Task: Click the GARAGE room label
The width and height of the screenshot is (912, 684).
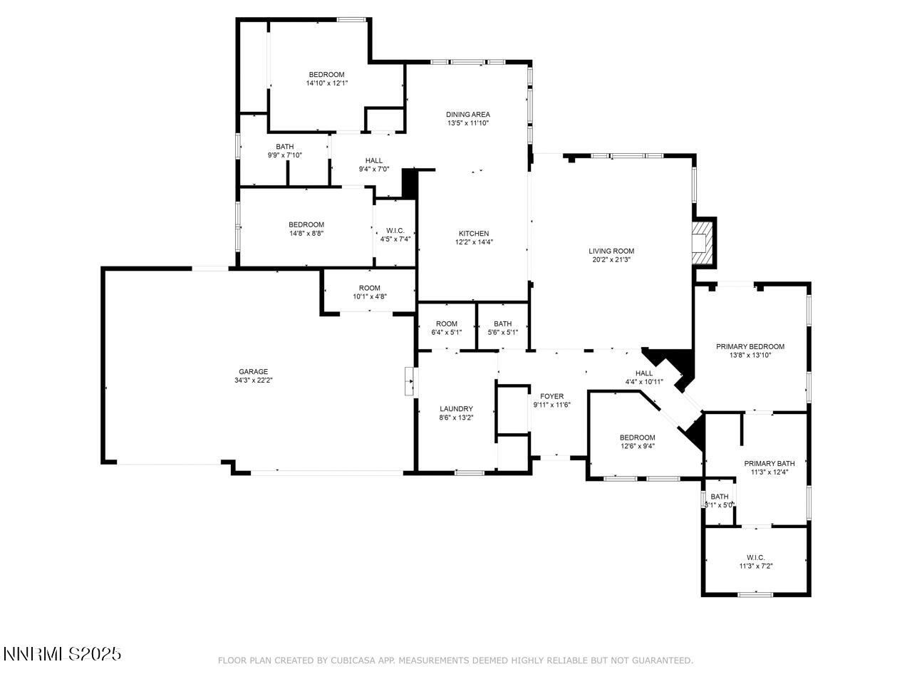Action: pyautogui.click(x=253, y=371)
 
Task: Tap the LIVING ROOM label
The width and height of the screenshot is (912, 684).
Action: pyautogui.click(x=611, y=251)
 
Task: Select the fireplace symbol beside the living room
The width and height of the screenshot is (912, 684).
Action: pyautogui.click(x=702, y=242)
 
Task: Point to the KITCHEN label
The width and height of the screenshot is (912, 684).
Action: pyautogui.click(x=474, y=234)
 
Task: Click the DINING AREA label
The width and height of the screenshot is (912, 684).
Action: pyautogui.click(x=468, y=114)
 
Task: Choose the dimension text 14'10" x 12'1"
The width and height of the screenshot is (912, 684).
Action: pyautogui.click(x=326, y=83)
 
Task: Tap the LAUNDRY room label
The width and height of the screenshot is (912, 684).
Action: pyautogui.click(x=456, y=409)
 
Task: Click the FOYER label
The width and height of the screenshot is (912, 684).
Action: pyautogui.click(x=551, y=396)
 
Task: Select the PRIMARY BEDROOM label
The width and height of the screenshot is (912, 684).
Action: pyautogui.click(x=750, y=346)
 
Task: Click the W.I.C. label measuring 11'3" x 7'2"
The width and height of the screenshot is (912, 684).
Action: pyautogui.click(x=755, y=557)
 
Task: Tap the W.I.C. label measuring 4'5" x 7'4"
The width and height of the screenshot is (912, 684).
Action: pyautogui.click(x=395, y=230)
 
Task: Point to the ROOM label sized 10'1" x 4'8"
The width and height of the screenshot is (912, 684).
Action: pyautogui.click(x=369, y=288)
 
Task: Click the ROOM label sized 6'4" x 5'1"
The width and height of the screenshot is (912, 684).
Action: pyautogui.click(x=447, y=323)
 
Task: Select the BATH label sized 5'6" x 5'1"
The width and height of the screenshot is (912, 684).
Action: pyautogui.click(x=502, y=323)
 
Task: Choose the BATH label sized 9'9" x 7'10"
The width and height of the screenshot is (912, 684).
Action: pyautogui.click(x=284, y=146)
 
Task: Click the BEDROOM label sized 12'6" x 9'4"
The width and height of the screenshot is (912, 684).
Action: pyautogui.click(x=637, y=437)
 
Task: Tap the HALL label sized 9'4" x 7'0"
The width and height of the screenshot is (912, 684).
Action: pyautogui.click(x=373, y=160)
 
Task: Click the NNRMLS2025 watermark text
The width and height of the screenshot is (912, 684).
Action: pyautogui.click(x=62, y=653)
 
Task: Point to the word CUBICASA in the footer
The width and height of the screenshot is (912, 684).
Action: pyautogui.click(x=352, y=660)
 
